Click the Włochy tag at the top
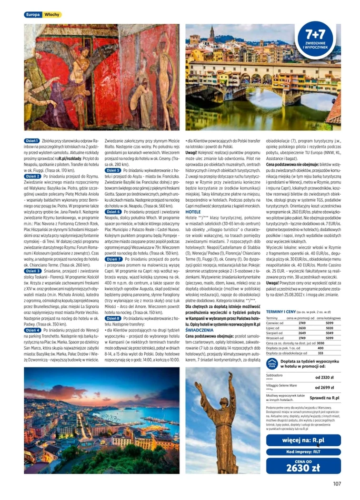[51, 15]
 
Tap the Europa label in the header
[32, 15]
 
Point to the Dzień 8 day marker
[113, 318]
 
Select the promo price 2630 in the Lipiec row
[301, 328]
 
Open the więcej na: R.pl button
[303, 440]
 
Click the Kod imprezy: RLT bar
[303, 451]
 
